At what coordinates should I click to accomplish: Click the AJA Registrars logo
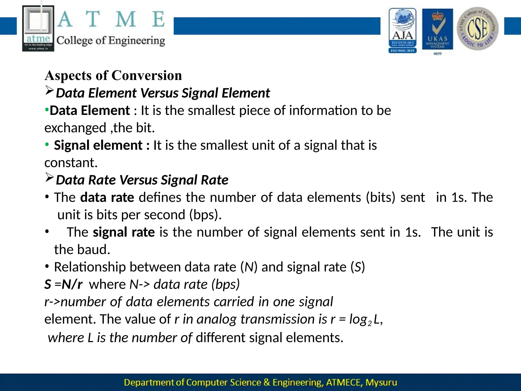[402, 31]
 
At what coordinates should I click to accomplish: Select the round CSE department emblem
[477, 29]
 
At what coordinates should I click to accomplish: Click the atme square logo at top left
[38, 29]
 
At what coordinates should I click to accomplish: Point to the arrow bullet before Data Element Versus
[49, 91]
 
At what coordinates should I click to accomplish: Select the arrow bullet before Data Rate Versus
[49, 177]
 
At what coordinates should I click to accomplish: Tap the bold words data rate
[107, 198]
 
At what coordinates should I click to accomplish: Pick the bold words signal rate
[124, 232]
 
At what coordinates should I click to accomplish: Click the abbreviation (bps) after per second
[205, 215]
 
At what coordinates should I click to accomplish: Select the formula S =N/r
[63, 284]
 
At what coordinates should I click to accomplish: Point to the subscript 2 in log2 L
[370, 324]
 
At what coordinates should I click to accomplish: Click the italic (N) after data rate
[249, 267]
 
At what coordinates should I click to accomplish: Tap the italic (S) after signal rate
[358, 267]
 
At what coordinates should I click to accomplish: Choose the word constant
[71, 163]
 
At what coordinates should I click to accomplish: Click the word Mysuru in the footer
[381, 382]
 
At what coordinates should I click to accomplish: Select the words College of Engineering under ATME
[111, 41]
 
